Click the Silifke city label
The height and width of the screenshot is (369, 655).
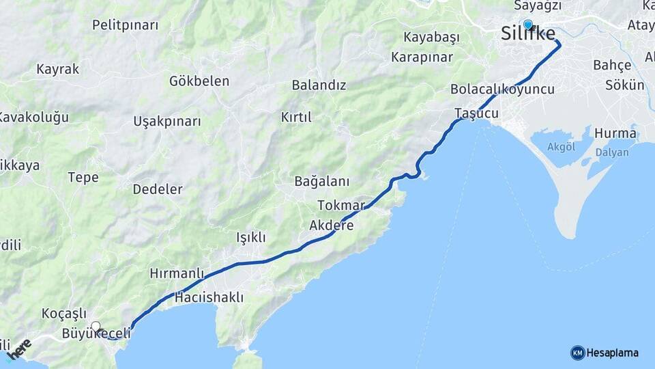pos(527,34)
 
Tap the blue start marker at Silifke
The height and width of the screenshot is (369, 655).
pos(527,25)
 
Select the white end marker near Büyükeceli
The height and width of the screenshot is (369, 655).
pos(96,327)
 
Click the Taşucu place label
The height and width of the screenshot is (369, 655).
pos(476,113)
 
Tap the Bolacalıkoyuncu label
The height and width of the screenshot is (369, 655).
pos(502,90)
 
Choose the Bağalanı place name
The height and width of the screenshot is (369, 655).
pos(321,182)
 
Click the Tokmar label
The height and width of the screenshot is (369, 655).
pos(341,205)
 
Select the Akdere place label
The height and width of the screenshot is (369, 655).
pos(332,225)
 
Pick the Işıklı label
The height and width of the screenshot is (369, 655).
pos(250,237)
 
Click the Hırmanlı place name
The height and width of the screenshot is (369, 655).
pos(177,273)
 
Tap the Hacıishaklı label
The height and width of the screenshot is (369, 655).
pos(209,298)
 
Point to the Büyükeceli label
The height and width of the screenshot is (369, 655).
pos(96,334)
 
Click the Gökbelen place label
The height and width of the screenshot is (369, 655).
pos(199,81)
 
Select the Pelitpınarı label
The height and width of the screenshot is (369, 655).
pos(125,25)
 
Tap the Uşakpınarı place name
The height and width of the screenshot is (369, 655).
pos(167,122)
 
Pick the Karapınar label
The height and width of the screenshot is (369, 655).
pos(422,57)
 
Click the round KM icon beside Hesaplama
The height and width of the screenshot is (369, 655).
pos(577,353)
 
